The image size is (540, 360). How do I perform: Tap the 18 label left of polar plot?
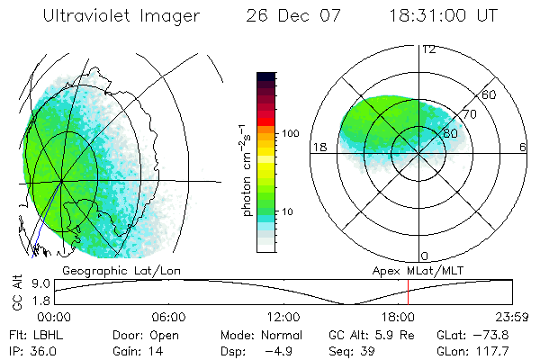318,148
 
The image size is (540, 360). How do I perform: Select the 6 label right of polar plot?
522,148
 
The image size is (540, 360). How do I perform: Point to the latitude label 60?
490,94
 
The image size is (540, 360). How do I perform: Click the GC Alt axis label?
17,292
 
